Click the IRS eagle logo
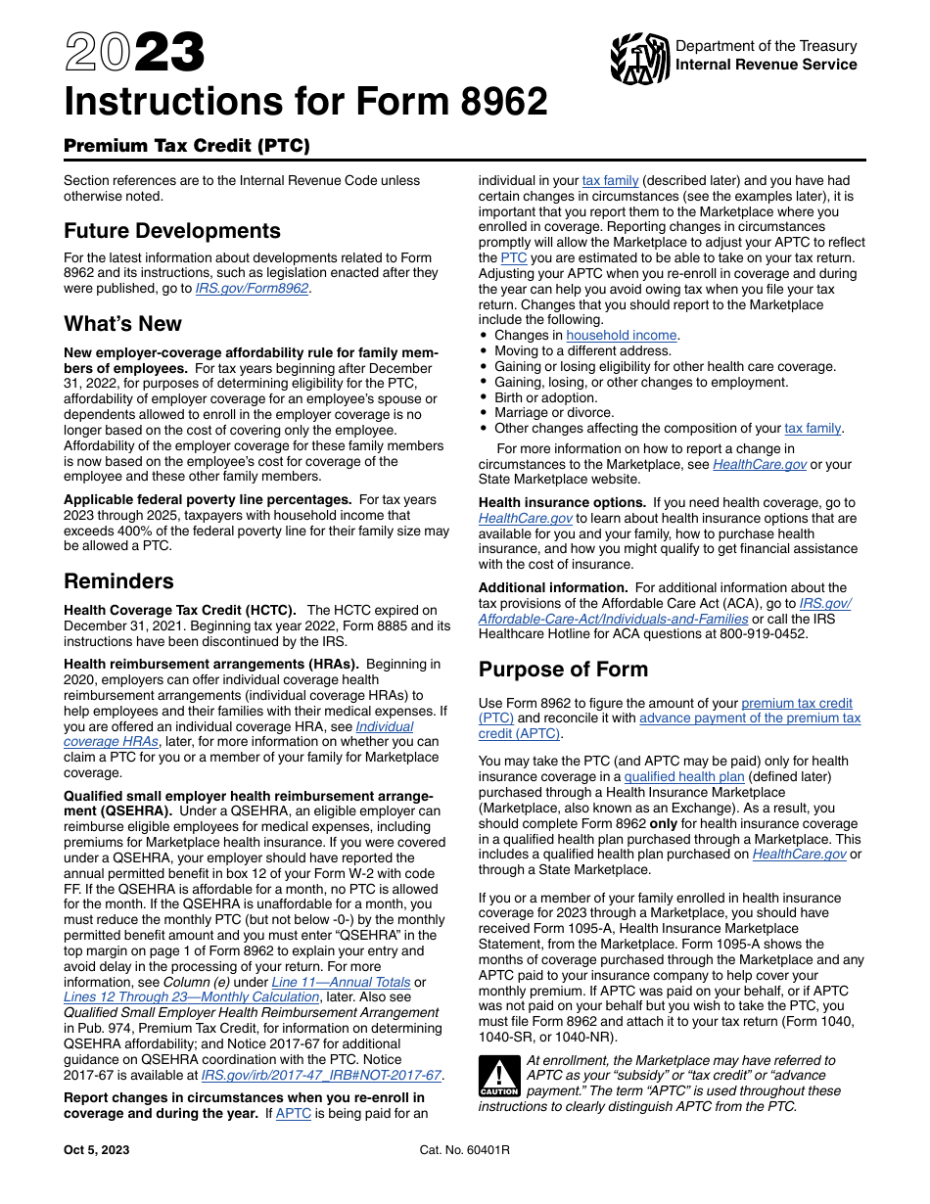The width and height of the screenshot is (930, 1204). click(639, 58)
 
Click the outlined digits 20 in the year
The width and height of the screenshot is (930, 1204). click(98, 53)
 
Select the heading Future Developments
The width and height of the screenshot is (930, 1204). click(172, 231)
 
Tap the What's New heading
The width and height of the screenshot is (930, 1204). click(122, 324)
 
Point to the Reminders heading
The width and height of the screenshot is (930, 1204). click(118, 581)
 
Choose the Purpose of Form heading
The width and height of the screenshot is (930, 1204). click(563, 670)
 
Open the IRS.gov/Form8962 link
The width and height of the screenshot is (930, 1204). click(252, 289)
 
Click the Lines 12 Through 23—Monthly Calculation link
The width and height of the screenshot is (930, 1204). click(191, 996)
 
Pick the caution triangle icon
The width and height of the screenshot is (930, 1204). click(498, 1075)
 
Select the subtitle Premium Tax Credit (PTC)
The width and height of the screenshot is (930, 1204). click(186, 147)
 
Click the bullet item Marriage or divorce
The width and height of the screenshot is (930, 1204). click(553, 413)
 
